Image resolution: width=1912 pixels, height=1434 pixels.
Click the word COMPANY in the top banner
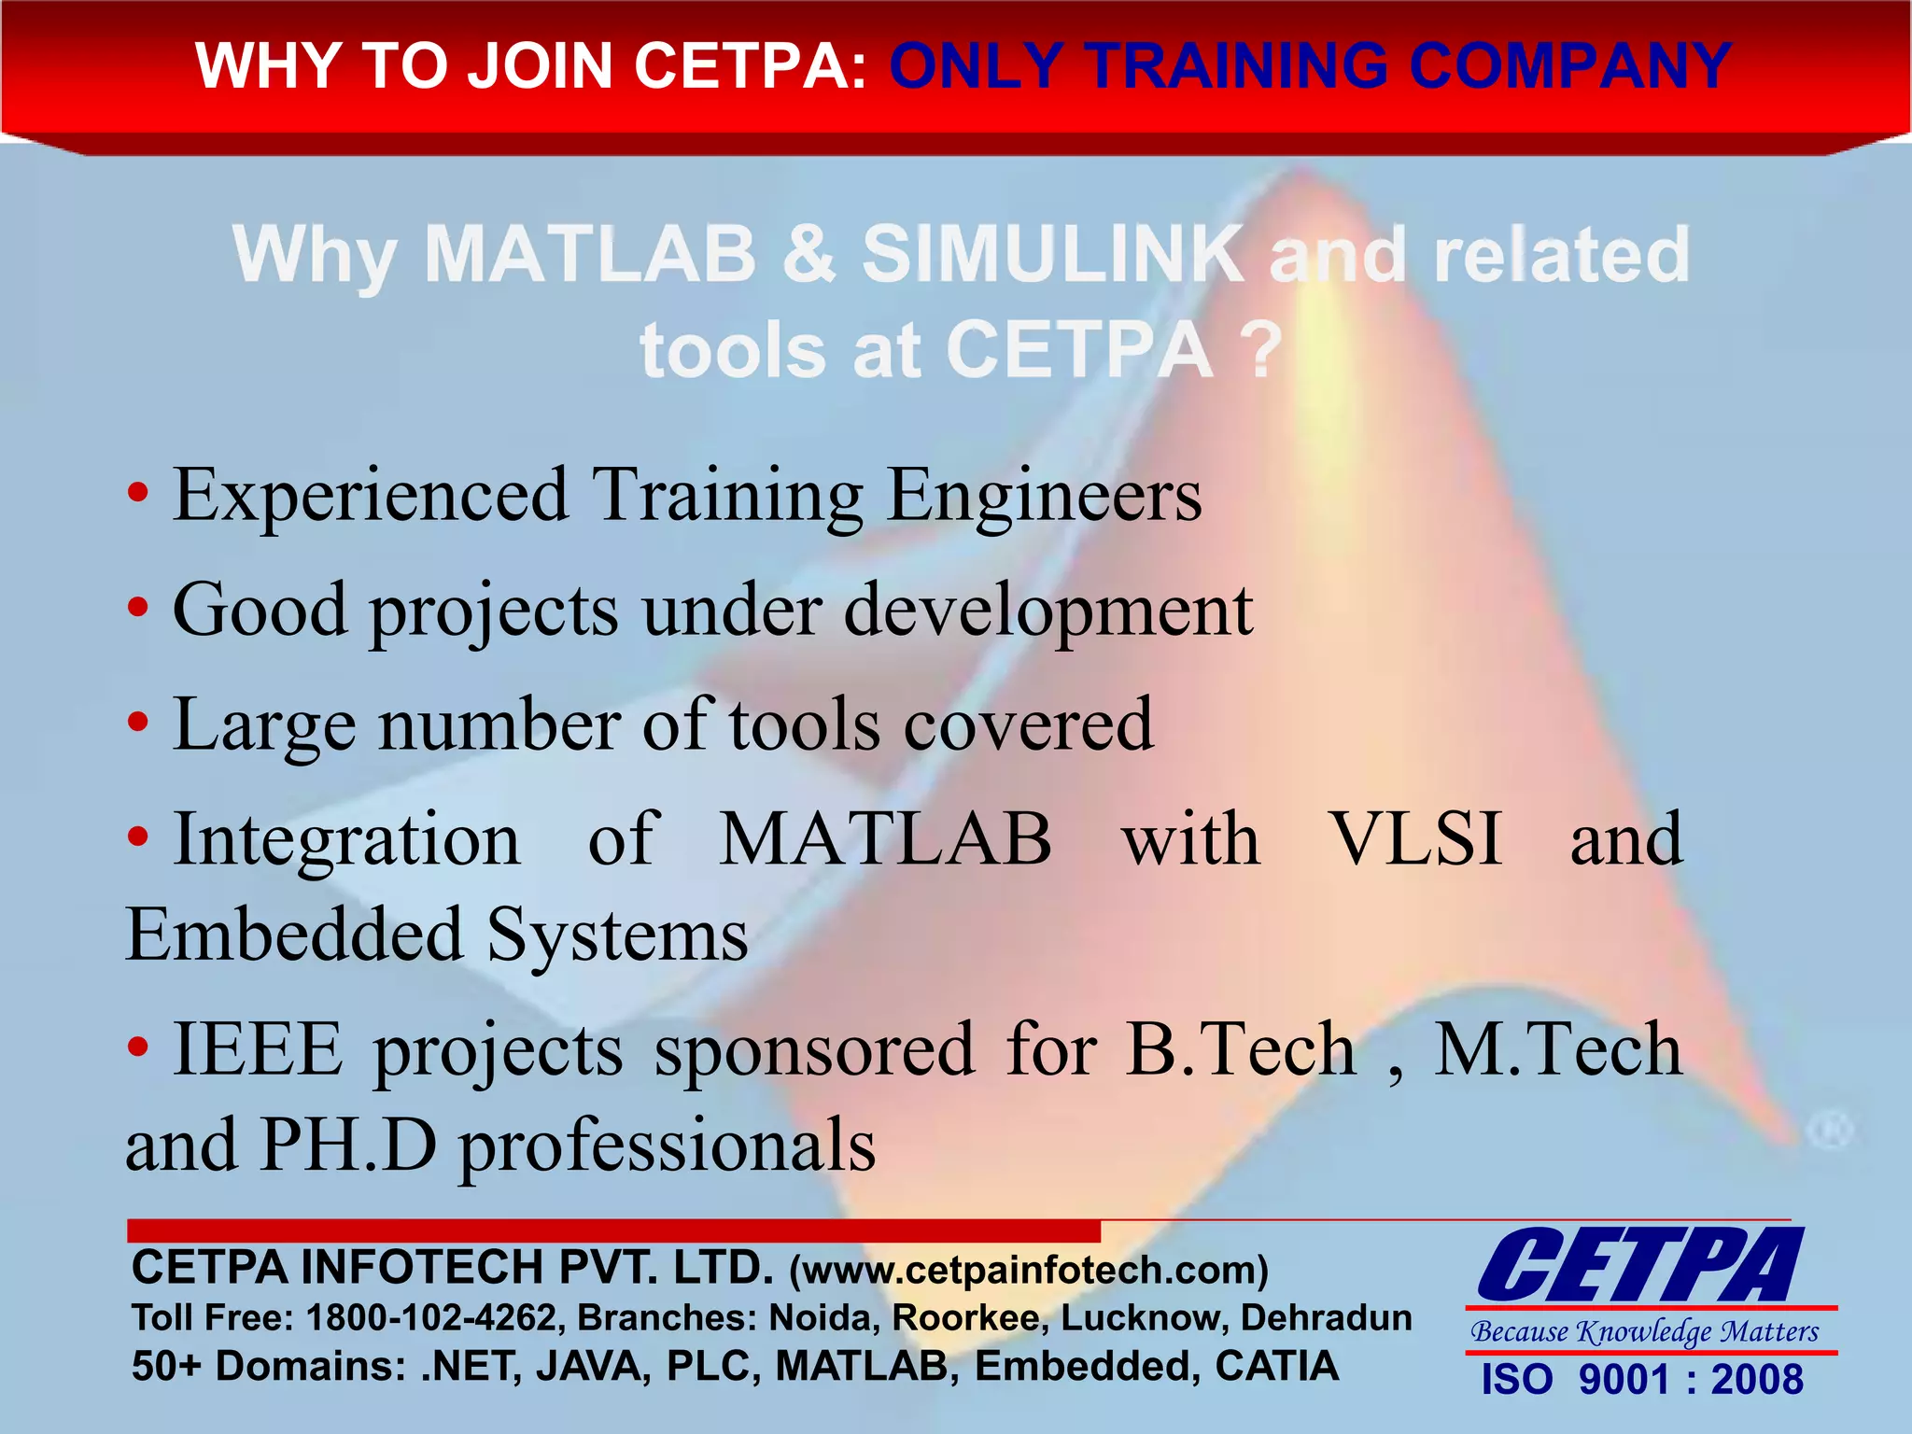tap(1570, 66)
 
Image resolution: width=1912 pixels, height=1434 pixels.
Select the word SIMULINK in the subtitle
tap(1052, 254)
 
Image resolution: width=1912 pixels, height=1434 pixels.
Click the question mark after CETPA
tap(1262, 351)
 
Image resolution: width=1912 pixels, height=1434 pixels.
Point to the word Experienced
tap(371, 495)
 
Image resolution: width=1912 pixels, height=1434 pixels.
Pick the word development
tap(1047, 612)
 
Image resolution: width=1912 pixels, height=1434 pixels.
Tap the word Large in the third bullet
tap(264, 726)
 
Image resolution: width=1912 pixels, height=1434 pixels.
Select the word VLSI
tap(1414, 838)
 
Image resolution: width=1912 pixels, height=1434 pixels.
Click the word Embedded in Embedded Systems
tap(294, 935)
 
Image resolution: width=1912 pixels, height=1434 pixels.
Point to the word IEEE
tap(258, 1049)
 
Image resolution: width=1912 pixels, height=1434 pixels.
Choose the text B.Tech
tap(1241, 1049)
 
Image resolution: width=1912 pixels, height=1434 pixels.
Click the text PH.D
tap(348, 1145)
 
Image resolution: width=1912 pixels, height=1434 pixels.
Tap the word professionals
tap(668, 1147)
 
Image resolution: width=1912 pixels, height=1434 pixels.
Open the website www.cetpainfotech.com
tap(1029, 1270)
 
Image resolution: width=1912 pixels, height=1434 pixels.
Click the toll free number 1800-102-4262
tap(431, 1317)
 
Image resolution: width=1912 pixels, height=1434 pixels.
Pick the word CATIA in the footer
tap(1276, 1366)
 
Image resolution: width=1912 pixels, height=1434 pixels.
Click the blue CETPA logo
tap(1640, 1266)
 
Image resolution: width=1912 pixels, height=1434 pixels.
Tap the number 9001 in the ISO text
tap(1624, 1380)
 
